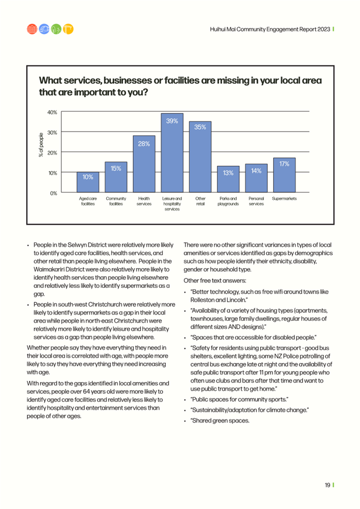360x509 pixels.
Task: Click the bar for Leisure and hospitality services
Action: click(172, 155)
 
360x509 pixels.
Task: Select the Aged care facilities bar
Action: click(87, 182)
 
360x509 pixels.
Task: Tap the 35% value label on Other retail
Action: click(200, 127)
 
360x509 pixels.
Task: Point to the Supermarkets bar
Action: click(284, 176)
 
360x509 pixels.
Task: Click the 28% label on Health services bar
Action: click(143, 143)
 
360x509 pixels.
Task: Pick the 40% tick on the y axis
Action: click(52, 112)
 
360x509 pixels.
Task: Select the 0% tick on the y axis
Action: click(53, 193)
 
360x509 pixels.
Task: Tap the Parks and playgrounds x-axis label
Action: click(228, 201)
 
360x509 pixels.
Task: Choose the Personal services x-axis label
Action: click(256, 201)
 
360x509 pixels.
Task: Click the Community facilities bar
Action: click(116, 177)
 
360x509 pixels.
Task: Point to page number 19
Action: click(327, 485)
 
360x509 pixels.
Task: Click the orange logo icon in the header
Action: click(68, 29)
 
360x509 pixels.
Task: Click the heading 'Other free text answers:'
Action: click(215, 280)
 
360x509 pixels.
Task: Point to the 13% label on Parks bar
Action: click(228, 173)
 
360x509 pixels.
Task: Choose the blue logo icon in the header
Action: click(43, 29)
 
